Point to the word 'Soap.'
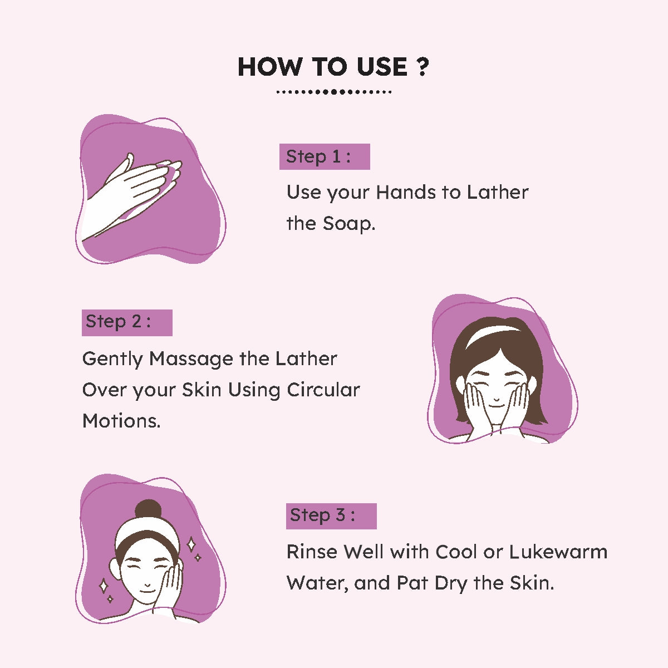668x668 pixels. tap(348, 224)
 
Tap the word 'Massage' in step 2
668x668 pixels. tap(191, 360)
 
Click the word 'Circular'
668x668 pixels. tap(323, 390)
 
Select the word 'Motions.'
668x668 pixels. tap(121, 421)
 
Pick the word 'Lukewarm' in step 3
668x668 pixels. tap(558, 552)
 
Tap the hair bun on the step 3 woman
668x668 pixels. tap(149, 510)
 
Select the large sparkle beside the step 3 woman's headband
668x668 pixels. tap(191, 544)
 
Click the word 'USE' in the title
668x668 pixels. tap(382, 67)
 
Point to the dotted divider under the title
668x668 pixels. tap(334, 92)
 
